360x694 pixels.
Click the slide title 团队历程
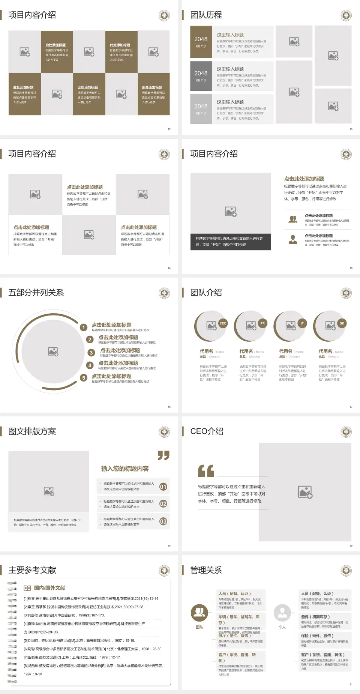tap(206, 15)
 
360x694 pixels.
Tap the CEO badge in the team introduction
tap(223, 323)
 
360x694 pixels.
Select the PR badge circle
tap(262, 323)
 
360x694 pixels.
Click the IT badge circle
tap(302, 323)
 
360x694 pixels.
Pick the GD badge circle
tap(342, 323)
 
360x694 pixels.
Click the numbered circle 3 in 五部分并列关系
tap(91, 353)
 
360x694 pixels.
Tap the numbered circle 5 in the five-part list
tap(84, 378)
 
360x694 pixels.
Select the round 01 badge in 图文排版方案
tap(163, 487)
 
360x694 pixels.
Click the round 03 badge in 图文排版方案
tap(163, 521)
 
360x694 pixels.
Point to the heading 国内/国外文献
tap(49, 588)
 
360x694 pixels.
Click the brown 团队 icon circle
tap(199, 613)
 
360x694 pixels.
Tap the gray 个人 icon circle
tap(282, 613)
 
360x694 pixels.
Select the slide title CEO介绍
tap(207, 431)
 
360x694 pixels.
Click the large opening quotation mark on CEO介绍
tap(206, 470)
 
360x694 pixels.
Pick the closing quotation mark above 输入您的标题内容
tap(163, 455)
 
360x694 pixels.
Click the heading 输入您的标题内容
tap(125, 469)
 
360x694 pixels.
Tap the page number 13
tap(351, 129)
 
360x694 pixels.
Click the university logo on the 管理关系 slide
tap(346, 571)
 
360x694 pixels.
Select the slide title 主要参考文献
tap(32, 570)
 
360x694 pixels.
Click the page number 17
tap(351, 407)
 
